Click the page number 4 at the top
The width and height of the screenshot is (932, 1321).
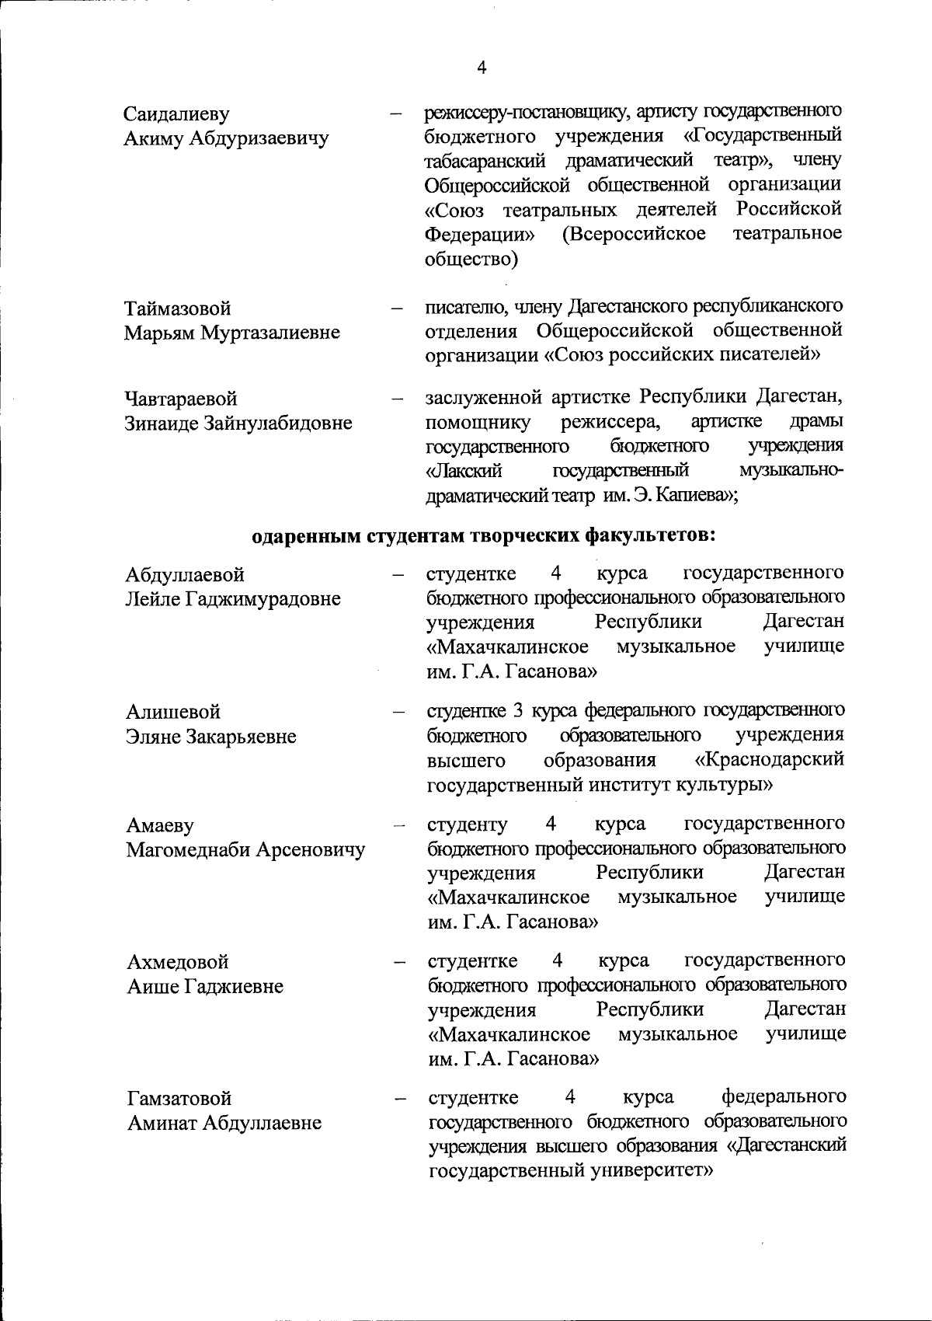[x=482, y=68]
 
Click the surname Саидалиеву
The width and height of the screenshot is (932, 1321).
[x=177, y=115]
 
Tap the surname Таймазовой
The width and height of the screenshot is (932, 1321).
[x=178, y=308]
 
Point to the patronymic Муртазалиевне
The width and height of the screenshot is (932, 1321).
[x=271, y=333]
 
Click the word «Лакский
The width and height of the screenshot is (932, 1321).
[x=464, y=472]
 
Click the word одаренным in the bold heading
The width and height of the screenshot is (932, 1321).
[x=306, y=536]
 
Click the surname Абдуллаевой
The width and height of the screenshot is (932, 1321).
[x=185, y=575]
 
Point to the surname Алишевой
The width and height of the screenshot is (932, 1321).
[x=173, y=712]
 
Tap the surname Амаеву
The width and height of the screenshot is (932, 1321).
[x=160, y=825]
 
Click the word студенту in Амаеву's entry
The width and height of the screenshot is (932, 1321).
[x=468, y=824]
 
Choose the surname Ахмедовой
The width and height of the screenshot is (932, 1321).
[x=178, y=962]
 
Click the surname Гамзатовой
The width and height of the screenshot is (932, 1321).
[x=179, y=1099]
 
